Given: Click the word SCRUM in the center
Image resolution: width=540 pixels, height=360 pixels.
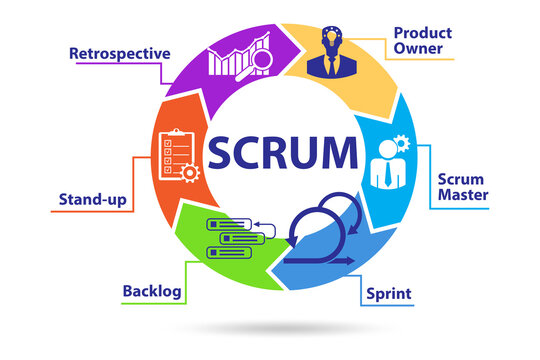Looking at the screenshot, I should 283,153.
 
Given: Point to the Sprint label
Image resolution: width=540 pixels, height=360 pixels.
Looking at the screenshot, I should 389,294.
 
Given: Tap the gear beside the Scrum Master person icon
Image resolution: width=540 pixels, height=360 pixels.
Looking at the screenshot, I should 401,143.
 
